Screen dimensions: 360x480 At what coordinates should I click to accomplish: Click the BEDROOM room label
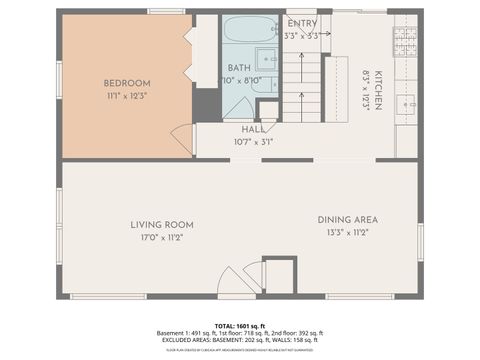click(127, 82)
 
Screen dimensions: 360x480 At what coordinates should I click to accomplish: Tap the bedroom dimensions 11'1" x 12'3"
click(127, 95)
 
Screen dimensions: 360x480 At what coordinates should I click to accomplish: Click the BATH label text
click(239, 68)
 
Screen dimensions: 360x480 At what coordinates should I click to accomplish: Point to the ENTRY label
click(302, 23)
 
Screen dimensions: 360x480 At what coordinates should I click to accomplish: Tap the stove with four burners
click(405, 40)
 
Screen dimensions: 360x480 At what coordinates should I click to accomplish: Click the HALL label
click(252, 129)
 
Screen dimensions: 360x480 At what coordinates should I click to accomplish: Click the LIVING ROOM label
click(161, 224)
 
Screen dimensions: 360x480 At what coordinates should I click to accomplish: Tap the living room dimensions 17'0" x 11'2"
click(161, 237)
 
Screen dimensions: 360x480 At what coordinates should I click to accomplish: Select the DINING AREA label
click(347, 219)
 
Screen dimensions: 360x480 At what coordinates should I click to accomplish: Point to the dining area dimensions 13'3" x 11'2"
click(347, 232)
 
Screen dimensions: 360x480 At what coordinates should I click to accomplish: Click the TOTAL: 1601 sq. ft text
click(239, 326)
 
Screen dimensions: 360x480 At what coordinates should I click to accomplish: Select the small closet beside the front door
click(280, 275)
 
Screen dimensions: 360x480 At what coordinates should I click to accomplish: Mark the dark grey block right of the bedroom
click(207, 105)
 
